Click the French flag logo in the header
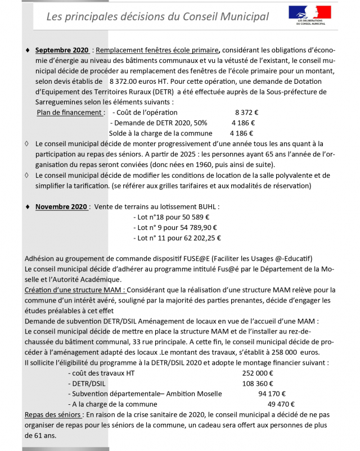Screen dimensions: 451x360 (309, 13)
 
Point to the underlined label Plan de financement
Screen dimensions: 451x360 (70, 112)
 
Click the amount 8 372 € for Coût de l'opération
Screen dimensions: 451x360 (246, 112)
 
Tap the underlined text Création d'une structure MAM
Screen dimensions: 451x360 (75, 290)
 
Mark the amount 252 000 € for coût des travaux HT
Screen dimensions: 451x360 (258, 373)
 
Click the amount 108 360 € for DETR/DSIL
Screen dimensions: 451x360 (258, 384)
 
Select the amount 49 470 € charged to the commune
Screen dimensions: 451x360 (281, 404)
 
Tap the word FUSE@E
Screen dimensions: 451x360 (185, 259)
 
